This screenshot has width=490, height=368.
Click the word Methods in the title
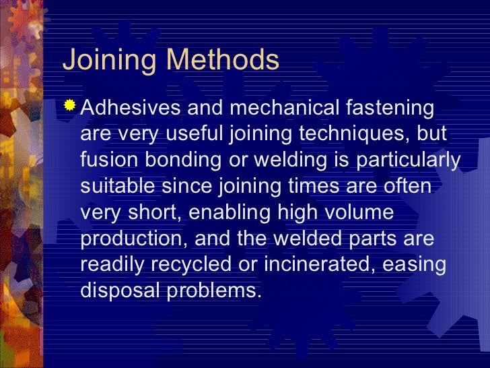[223, 61]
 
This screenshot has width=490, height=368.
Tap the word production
[128, 239]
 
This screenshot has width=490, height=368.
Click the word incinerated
[317, 265]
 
